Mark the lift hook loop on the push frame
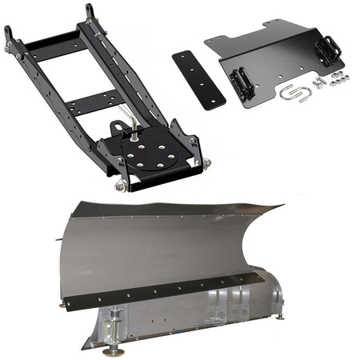coord(118,126)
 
